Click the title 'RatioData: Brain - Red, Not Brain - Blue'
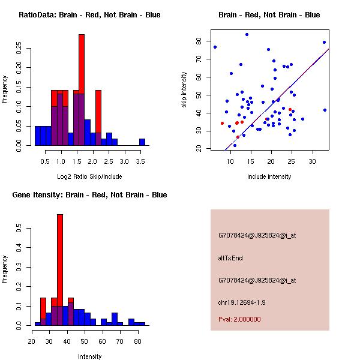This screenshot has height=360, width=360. coord(89,15)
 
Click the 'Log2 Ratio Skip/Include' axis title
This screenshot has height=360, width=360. coord(89,176)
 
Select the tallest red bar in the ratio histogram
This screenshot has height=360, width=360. coord(82,90)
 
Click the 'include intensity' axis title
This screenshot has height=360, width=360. coord(270,176)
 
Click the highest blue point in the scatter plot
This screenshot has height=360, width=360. coord(247,34)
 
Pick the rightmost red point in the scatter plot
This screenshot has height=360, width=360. coord(290,110)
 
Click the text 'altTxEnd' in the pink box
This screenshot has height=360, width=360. coord(230,258)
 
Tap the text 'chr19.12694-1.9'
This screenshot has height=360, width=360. coord(242,302)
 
